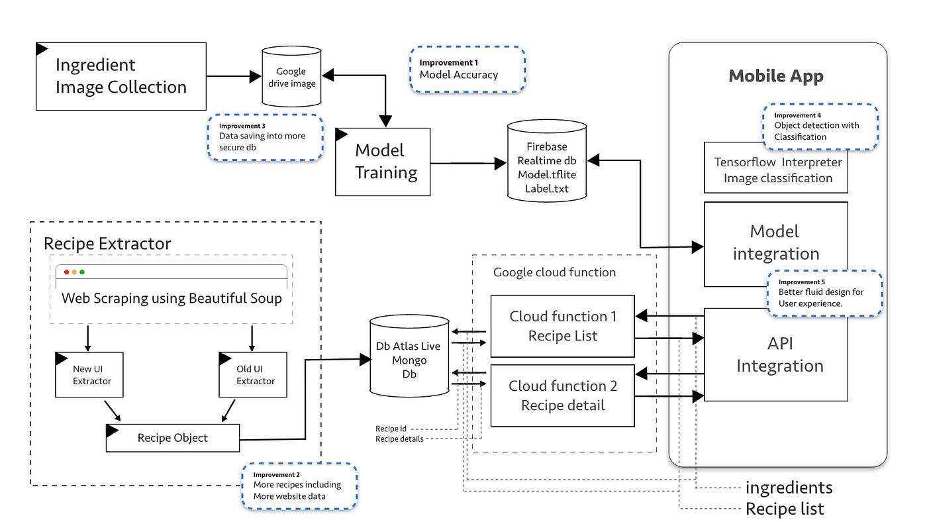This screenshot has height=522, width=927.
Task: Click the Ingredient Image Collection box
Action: [x=121, y=76]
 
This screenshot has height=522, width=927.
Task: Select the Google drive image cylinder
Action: [x=291, y=78]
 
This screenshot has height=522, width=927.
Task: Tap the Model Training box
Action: [x=383, y=162]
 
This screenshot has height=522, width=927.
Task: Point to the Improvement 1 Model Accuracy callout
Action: [x=467, y=69]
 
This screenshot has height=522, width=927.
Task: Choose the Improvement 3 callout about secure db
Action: [x=265, y=137]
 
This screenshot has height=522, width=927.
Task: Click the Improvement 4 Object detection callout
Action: [x=820, y=126]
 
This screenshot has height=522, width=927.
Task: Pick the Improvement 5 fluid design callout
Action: [x=825, y=293]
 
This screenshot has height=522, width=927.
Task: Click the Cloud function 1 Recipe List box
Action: [x=563, y=326]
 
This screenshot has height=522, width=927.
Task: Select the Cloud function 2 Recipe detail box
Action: [x=563, y=395]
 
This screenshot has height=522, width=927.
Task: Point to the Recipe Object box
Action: [x=173, y=438]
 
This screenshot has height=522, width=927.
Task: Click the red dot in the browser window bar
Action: [x=66, y=272]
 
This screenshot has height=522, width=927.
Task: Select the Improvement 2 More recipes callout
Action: [x=300, y=486]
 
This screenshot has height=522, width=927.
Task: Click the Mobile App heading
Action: [x=776, y=76]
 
